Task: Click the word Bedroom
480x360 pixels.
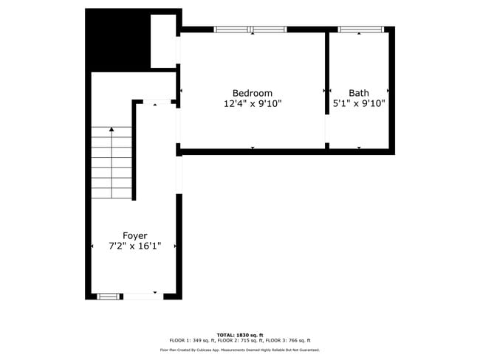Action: (253, 93)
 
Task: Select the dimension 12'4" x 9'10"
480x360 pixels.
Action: (253, 104)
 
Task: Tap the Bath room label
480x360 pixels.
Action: (359, 93)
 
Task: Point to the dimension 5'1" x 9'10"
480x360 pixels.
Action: (359, 104)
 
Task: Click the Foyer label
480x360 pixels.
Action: (134, 235)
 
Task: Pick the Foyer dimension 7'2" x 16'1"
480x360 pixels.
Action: (134, 246)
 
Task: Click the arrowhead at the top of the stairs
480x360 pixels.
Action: (112, 129)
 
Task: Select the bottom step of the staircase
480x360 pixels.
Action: (112, 194)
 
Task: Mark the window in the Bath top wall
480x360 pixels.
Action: (361, 30)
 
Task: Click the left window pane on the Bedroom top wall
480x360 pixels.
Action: (231, 30)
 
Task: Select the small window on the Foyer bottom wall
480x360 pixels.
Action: (108, 296)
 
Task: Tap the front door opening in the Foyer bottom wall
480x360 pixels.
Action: (143, 296)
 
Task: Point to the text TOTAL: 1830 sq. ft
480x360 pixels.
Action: (239, 334)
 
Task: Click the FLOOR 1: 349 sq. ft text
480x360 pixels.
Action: (190, 340)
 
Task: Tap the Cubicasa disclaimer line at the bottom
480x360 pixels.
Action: (239, 350)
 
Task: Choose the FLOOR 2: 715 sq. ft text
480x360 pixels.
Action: (239, 340)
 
